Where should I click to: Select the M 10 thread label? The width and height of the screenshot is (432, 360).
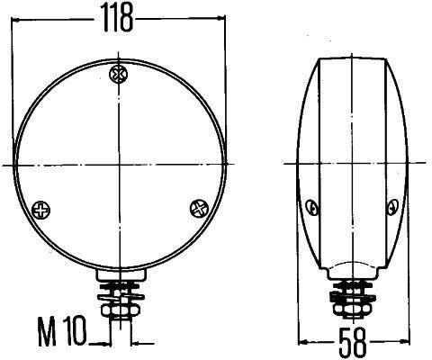62,336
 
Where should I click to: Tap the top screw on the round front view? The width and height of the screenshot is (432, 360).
117,74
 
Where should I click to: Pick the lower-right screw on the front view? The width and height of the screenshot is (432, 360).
196,209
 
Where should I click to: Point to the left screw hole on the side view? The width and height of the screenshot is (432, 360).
311,209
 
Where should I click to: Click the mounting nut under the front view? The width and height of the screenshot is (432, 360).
118,307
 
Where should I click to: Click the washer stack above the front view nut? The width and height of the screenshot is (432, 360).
118,290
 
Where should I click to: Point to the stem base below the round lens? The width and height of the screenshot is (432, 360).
118,273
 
